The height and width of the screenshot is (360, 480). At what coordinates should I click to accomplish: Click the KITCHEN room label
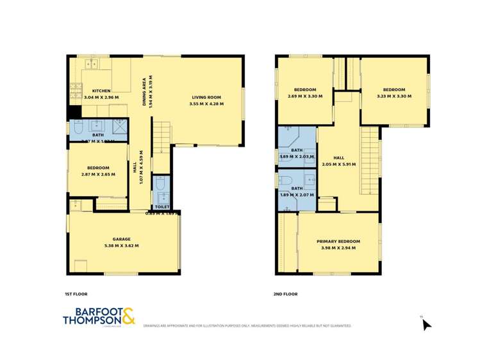pos(101,90)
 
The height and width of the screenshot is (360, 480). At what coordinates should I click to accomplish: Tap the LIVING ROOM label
pos(206,97)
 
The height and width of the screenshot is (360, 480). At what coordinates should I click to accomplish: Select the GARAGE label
pos(122,239)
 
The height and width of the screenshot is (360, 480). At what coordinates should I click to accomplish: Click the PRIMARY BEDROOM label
pos(338,241)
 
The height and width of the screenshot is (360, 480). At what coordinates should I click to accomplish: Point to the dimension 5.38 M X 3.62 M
pos(122,245)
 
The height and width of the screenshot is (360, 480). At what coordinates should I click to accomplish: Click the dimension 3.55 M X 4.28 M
pos(206,103)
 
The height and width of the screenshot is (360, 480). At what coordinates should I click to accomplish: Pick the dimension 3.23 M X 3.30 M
pos(393,96)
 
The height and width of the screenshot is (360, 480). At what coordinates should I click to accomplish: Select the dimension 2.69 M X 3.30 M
pos(305,96)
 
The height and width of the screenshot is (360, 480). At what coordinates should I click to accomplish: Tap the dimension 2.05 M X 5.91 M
pos(339,164)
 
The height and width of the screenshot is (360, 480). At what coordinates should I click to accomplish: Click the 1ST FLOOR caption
pos(76,294)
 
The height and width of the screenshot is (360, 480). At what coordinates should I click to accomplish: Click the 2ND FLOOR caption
pos(286,294)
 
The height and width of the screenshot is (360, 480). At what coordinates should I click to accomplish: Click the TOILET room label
pos(162,207)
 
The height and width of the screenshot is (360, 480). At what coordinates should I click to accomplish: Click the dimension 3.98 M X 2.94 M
pos(338,248)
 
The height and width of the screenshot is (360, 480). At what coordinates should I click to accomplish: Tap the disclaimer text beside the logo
pos(247,326)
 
